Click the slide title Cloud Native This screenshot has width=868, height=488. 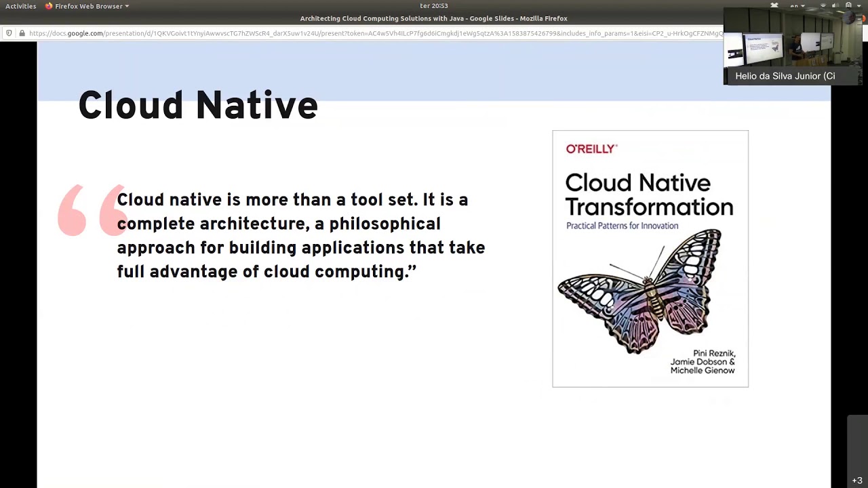click(x=197, y=106)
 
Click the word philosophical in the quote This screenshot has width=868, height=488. click(x=384, y=224)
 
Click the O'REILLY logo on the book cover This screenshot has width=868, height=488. click(x=591, y=149)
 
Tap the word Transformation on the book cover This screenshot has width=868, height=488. click(x=649, y=207)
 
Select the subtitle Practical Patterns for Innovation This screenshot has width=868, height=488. click(x=622, y=226)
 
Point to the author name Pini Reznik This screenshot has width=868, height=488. click(x=713, y=354)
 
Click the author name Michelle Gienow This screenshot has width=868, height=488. click(x=702, y=371)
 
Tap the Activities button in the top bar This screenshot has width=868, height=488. click(x=20, y=6)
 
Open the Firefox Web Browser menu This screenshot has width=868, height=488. click(x=88, y=6)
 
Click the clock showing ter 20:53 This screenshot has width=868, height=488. click(x=434, y=6)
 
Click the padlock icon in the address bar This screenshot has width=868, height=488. click(x=22, y=33)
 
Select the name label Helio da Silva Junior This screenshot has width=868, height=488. click(x=785, y=76)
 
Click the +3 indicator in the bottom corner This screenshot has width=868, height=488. click(x=857, y=481)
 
